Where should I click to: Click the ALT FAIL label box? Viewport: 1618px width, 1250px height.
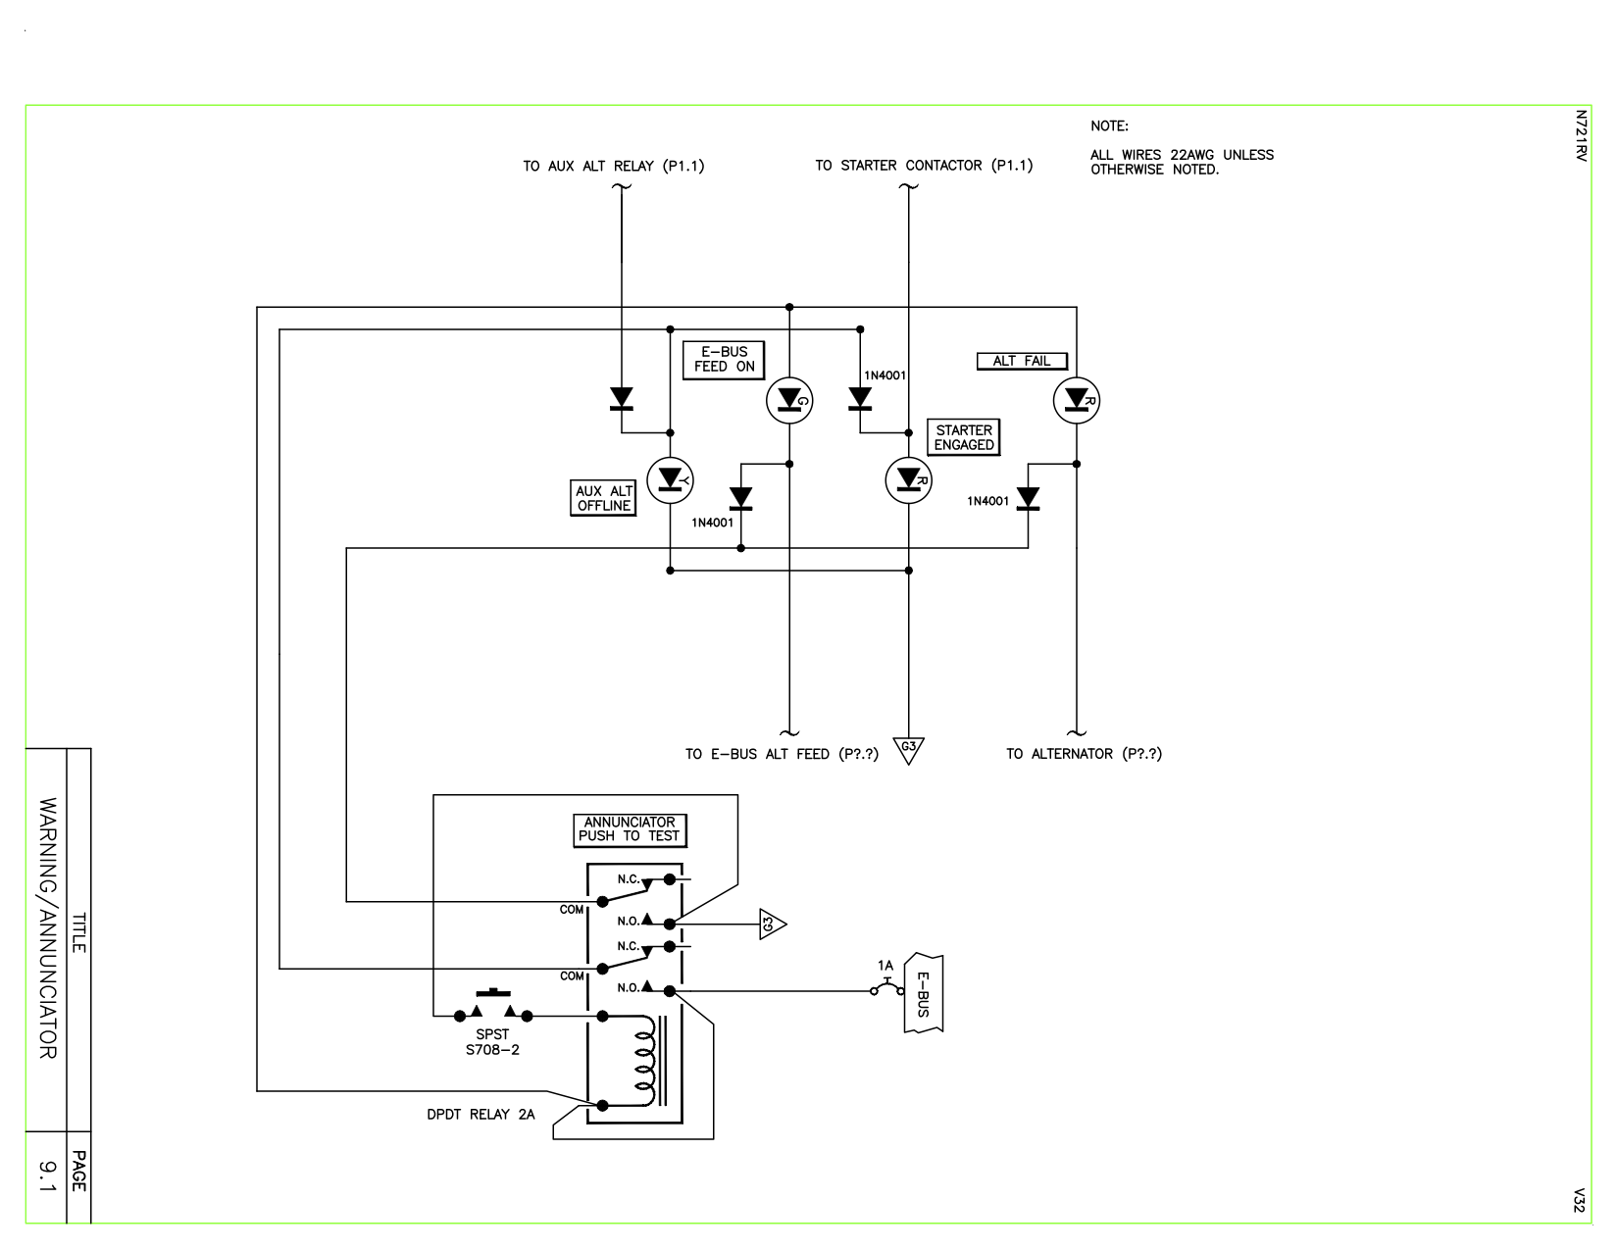point(1021,361)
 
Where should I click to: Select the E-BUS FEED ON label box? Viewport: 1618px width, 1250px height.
point(724,360)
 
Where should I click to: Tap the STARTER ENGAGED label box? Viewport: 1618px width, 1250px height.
point(963,437)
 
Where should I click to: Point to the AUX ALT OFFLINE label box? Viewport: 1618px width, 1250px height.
point(603,498)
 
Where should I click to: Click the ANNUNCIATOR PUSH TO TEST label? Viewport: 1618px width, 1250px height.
point(630,829)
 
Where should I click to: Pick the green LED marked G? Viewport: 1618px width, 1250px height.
point(788,400)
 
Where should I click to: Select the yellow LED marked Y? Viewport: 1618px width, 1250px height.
point(671,479)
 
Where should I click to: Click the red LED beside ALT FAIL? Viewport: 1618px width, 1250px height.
point(1076,400)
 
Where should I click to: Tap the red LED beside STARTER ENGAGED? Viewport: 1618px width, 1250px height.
point(908,479)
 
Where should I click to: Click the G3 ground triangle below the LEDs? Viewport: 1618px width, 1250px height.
point(909,750)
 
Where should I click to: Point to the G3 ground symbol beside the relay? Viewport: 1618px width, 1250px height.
point(771,924)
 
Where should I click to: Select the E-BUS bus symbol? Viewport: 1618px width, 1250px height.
point(923,992)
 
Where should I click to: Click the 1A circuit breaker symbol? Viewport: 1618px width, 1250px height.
point(886,984)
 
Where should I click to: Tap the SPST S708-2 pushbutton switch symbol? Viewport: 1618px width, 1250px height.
point(493,1010)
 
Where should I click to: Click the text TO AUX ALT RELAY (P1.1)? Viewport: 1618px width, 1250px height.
point(613,166)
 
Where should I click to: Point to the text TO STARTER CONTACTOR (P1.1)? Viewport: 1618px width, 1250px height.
point(924,166)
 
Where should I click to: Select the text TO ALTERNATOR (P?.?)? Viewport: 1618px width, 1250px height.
point(1084,754)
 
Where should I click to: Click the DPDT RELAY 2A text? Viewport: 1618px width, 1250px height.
point(480,1115)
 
